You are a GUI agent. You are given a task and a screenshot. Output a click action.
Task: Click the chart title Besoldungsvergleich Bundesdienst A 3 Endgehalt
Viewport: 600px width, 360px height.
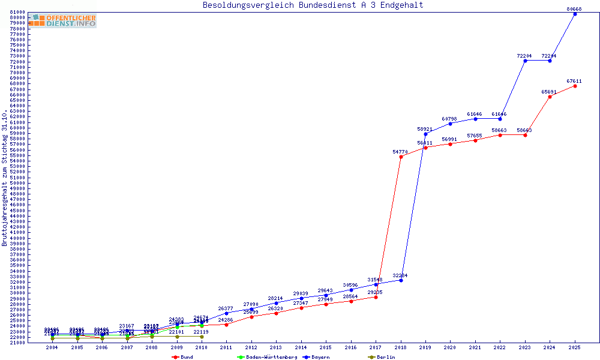click(313, 5)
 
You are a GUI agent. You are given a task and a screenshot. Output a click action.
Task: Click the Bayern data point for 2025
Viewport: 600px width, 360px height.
click(575, 14)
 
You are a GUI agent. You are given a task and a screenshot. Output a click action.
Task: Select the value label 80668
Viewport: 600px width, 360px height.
click(574, 9)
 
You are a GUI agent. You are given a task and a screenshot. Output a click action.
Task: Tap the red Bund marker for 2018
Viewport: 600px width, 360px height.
click(401, 157)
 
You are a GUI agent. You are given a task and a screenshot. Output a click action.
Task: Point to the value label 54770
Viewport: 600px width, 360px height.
click(400, 152)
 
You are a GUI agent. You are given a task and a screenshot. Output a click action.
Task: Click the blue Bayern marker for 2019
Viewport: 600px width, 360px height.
click(425, 134)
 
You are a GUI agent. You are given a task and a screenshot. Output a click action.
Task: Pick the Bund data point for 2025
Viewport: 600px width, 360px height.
click(575, 86)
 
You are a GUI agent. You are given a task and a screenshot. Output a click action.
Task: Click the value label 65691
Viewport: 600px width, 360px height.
click(549, 92)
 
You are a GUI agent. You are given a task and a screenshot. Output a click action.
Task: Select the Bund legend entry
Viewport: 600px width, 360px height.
click(182, 357)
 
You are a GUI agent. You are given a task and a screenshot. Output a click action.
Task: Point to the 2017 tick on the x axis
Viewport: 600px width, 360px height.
click(376, 347)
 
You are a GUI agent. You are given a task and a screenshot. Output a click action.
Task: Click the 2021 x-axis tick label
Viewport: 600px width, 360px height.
click(475, 347)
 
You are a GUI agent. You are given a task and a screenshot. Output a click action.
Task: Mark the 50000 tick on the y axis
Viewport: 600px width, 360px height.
click(17, 183)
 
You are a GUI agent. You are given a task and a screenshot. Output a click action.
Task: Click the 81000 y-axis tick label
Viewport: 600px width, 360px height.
click(17, 12)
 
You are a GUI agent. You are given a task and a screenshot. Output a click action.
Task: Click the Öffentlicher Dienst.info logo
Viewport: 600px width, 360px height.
click(62, 21)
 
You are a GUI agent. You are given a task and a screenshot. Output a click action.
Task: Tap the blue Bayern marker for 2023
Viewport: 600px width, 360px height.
click(525, 61)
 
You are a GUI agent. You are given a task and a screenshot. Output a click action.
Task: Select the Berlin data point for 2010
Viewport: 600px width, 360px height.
click(202, 337)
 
